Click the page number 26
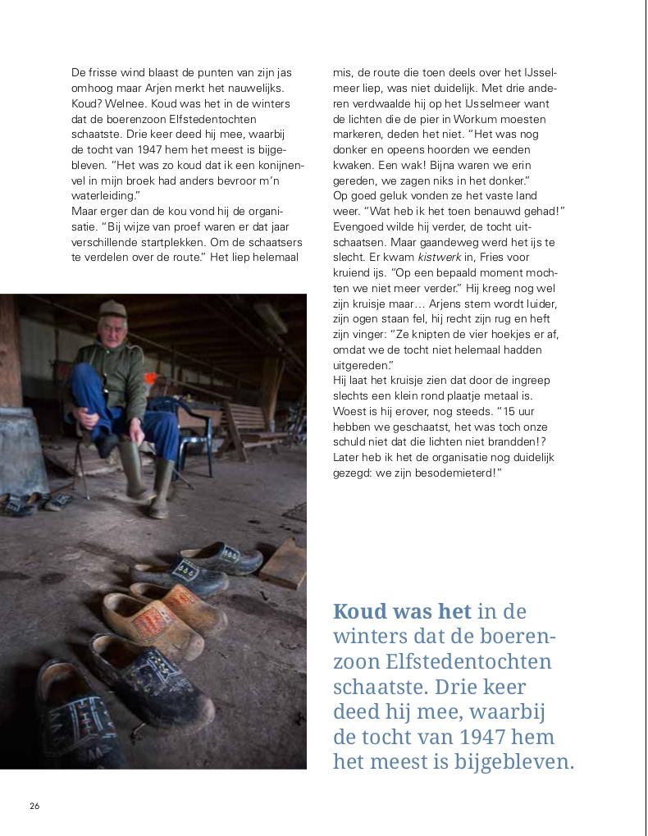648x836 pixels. (x=34, y=805)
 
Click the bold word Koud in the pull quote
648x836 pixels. (x=358, y=612)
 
